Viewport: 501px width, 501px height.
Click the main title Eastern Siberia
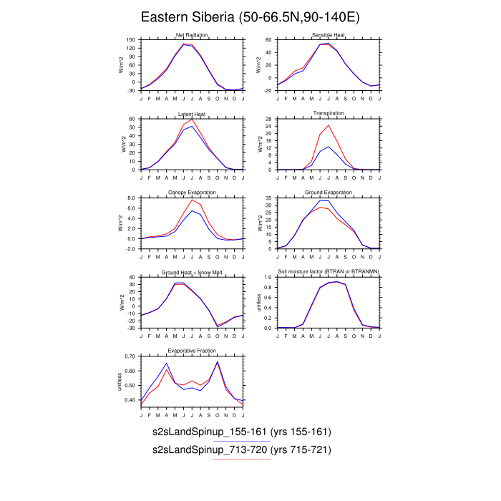pyautogui.click(x=250, y=17)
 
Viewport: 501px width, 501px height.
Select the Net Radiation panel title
pyautogui.click(x=192, y=36)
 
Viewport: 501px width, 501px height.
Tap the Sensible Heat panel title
pyautogui.click(x=329, y=36)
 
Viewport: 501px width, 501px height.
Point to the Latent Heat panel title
pyautogui.click(x=192, y=114)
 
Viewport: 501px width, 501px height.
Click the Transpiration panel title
pyautogui.click(x=329, y=114)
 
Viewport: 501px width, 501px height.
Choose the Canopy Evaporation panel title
pyautogui.click(x=192, y=193)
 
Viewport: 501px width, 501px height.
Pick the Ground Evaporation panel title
pyautogui.click(x=329, y=193)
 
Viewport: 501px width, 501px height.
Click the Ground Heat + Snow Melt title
pyautogui.click(x=192, y=272)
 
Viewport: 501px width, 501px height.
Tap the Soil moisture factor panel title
pyautogui.click(x=329, y=272)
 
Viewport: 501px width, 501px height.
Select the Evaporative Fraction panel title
pyautogui.click(x=192, y=351)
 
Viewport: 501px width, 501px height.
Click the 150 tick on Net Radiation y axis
pyautogui.click(x=130, y=40)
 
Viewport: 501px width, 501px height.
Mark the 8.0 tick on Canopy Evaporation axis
pyautogui.click(x=130, y=198)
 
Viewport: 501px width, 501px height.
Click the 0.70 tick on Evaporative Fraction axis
pyautogui.click(x=130, y=356)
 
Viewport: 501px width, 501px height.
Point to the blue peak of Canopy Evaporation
pyautogui.click(x=192, y=210)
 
